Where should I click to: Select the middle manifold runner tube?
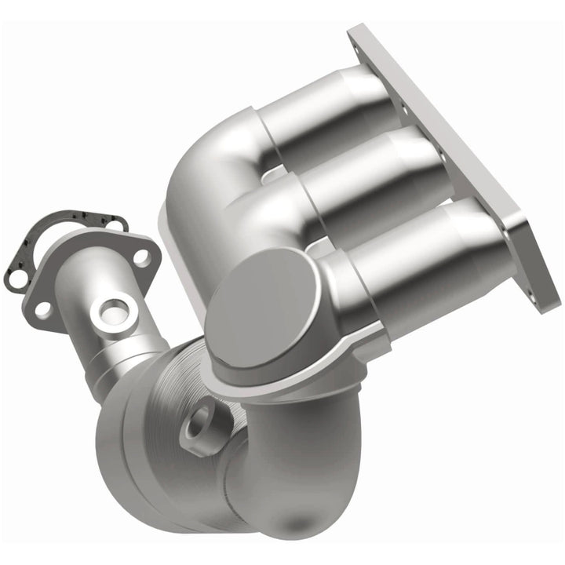tap(369, 173)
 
